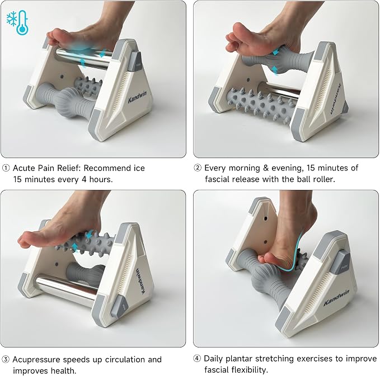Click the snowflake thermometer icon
click(18, 22)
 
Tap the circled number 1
click(6, 168)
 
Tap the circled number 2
click(198, 168)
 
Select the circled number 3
click(6, 359)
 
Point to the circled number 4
click(197, 358)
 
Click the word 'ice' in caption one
click(139, 168)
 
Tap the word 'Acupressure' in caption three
click(36, 360)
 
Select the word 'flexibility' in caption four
click(248, 370)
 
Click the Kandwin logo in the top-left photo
click(137, 97)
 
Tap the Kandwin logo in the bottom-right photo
click(336, 297)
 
